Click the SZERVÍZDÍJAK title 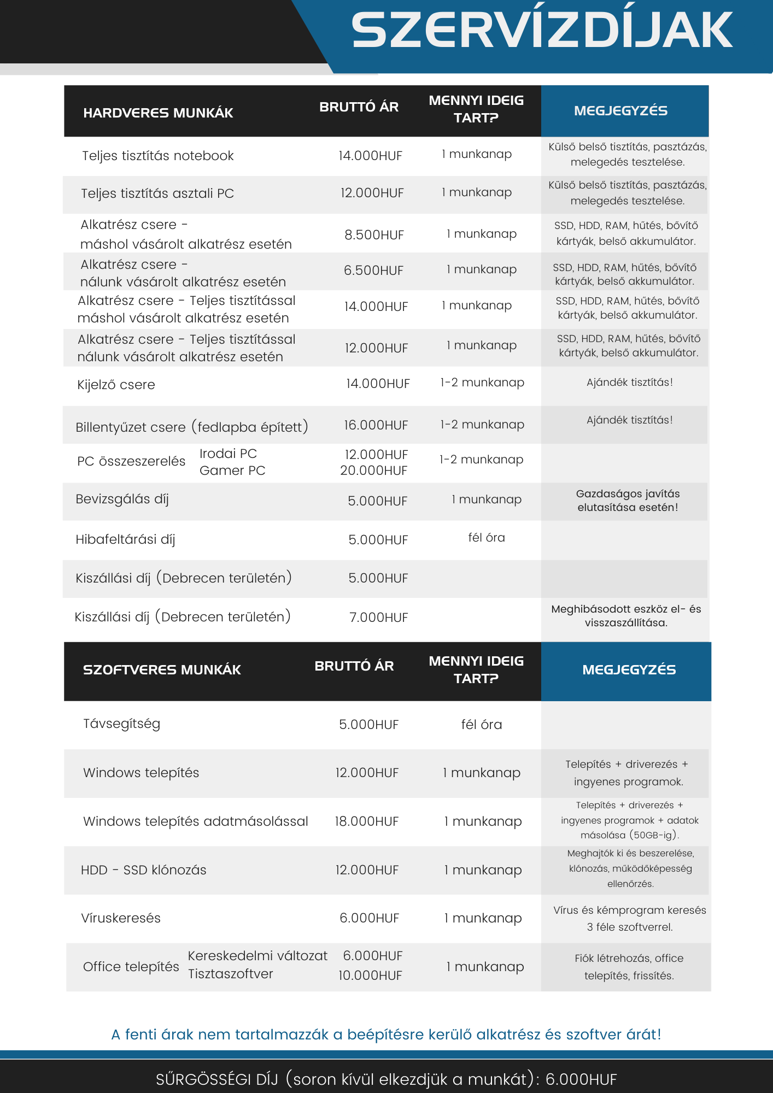point(542,31)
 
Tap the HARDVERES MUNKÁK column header point(158,113)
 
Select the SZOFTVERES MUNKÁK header point(162,670)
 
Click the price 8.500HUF point(374,235)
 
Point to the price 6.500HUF point(373,271)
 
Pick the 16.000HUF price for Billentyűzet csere point(376,425)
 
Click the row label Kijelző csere point(116,385)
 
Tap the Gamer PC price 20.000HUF point(373,471)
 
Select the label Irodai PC point(228,454)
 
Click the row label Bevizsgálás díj point(122,499)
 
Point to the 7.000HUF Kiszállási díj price point(378,618)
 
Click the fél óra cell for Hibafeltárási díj point(487,538)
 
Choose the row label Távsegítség point(121,724)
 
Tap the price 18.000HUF point(366,821)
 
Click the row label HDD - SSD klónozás point(143,870)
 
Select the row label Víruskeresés point(121,918)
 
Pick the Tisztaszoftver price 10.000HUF point(370,976)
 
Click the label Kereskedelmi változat point(257,956)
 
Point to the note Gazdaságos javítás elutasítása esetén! point(628,501)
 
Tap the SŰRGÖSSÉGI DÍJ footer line point(386,1079)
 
